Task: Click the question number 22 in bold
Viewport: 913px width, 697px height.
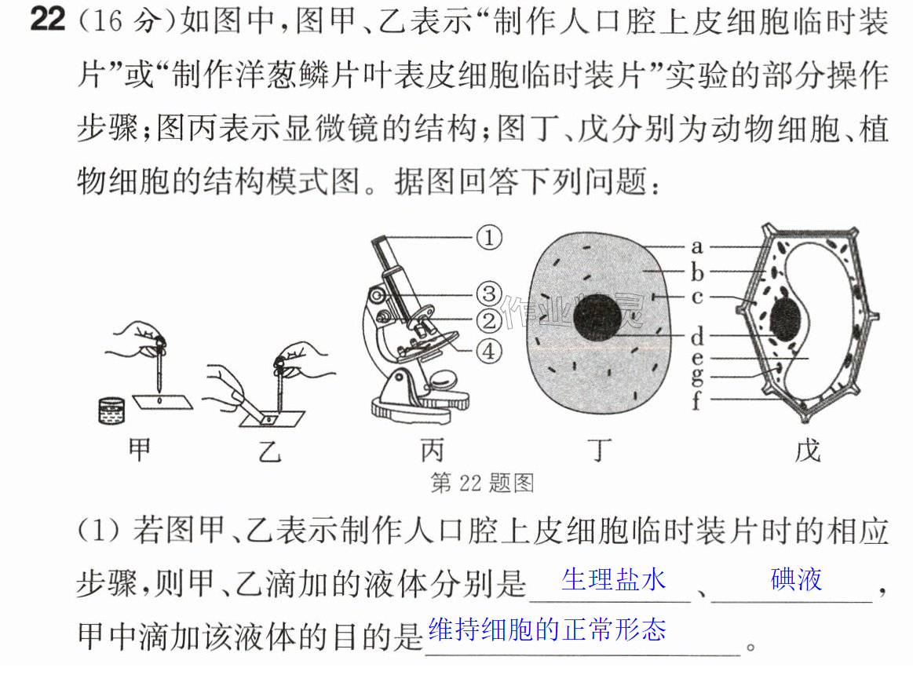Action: (x=48, y=19)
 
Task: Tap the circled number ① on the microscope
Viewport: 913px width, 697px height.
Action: (x=489, y=238)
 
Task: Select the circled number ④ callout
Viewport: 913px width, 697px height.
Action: (x=489, y=351)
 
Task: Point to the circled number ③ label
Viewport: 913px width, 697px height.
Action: (x=489, y=294)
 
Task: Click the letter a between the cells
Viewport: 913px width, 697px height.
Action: (x=696, y=247)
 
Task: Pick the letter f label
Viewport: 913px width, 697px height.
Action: (x=696, y=400)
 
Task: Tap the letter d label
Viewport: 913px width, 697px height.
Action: (x=697, y=337)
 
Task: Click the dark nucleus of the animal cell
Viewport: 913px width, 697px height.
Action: (x=597, y=317)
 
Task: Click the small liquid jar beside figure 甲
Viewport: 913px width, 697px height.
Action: (x=111, y=411)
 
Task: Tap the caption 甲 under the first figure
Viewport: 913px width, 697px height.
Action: (x=140, y=450)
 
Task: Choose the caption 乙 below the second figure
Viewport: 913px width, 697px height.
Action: (x=270, y=451)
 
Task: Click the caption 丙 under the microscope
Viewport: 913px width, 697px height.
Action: (x=432, y=451)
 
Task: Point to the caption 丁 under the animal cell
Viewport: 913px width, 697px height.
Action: (x=600, y=450)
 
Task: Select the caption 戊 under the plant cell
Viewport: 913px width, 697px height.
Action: (x=808, y=450)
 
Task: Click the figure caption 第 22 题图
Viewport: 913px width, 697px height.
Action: (x=482, y=484)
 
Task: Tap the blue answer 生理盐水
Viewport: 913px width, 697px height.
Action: (x=614, y=580)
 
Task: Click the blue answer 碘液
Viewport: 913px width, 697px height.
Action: (x=796, y=579)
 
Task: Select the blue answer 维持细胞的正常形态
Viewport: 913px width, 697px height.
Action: (x=547, y=629)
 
